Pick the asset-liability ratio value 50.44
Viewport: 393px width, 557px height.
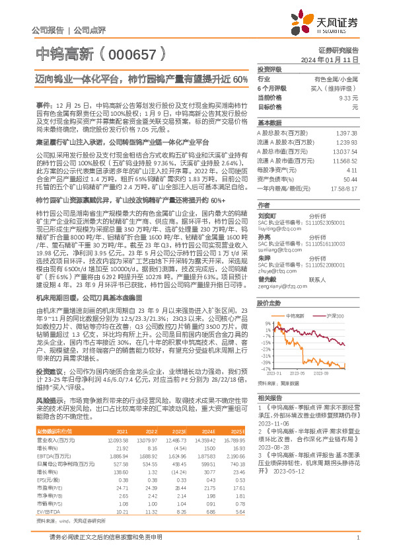(x=351, y=179)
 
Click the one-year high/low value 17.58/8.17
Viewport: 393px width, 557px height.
(x=344, y=188)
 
